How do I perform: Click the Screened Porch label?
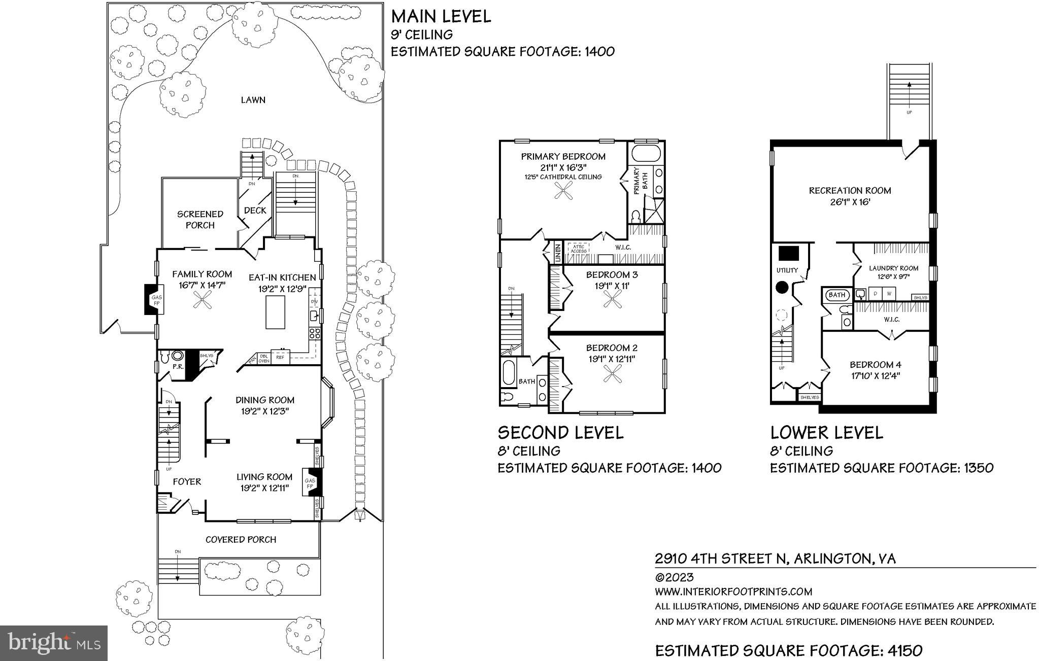click(200, 220)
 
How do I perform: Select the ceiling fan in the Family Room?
click(203, 303)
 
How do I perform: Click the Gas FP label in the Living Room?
click(309, 483)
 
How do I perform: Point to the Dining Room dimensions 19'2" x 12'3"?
click(265, 411)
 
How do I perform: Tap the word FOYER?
click(187, 481)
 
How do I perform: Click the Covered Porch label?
click(241, 539)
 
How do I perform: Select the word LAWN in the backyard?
click(253, 100)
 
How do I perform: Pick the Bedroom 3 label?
click(612, 275)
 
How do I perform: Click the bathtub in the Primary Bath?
click(646, 153)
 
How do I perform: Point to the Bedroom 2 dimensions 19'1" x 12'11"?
click(612, 359)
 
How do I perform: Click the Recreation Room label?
click(850, 191)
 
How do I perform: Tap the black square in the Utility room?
click(789, 253)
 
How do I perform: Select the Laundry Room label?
click(893, 268)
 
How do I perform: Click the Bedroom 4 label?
click(876, 365)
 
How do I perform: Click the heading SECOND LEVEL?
click(560, 433)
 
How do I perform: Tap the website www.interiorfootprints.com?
click(733, 592)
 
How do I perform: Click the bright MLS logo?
click(54, 643)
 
